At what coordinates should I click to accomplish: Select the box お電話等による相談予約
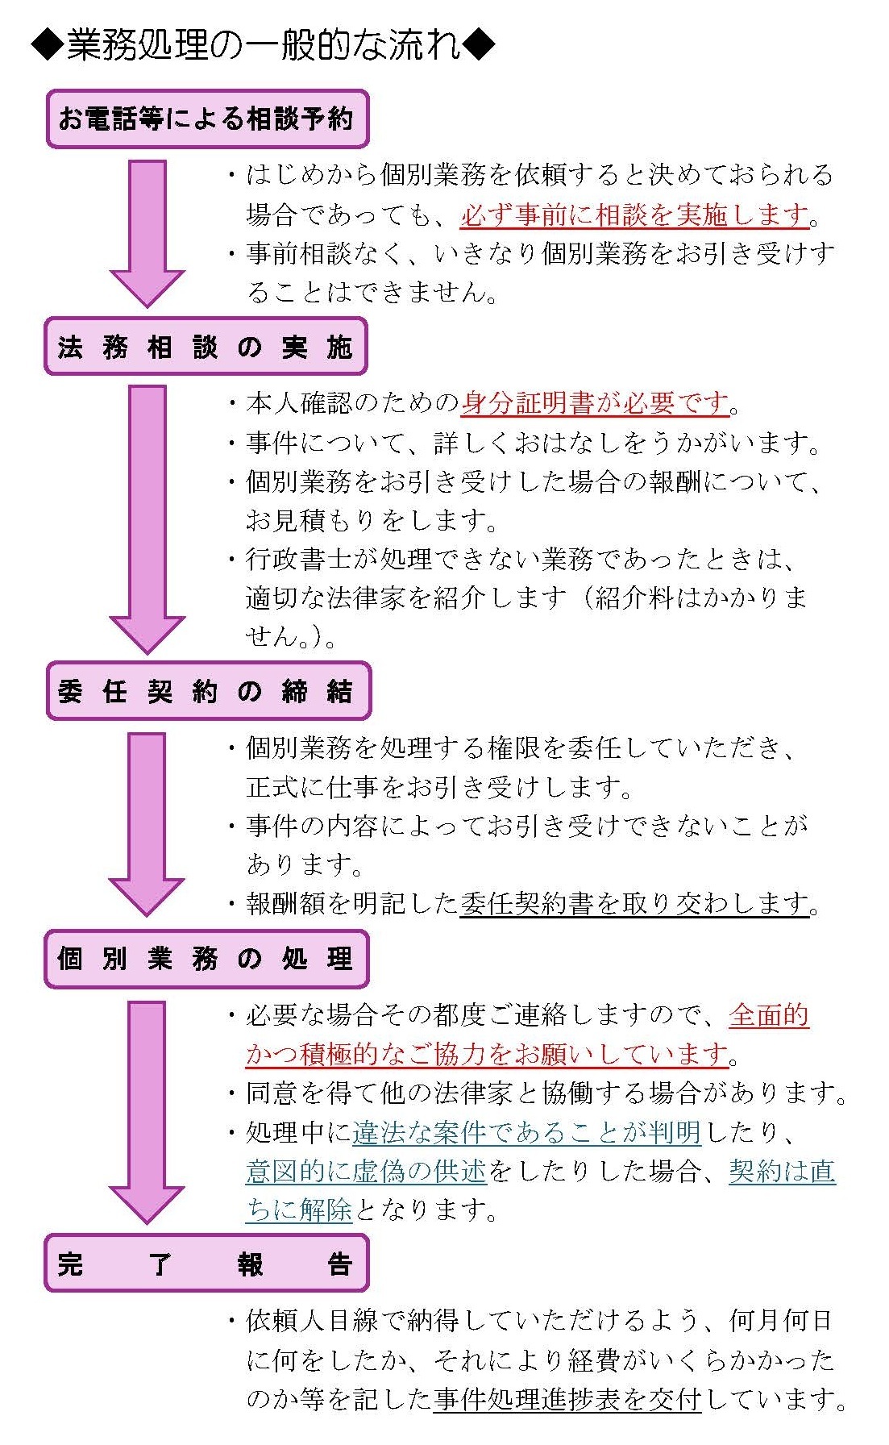tap(207, 119)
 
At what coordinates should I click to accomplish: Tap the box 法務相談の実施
tap(206, 347)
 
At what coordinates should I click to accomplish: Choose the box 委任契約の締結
tap(208, 691)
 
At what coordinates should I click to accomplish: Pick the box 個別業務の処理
tap(206, 959)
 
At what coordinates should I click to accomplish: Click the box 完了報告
tap(206, 1263)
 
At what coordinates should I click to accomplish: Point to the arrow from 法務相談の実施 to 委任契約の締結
tap(147, 516)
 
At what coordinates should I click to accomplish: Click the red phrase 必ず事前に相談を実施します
tap(635, 214)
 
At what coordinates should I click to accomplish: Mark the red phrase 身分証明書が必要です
tap(595, 402)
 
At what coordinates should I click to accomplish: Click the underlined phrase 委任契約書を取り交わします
tap(635, 903)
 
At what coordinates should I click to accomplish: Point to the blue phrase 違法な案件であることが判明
tap(527, 1133)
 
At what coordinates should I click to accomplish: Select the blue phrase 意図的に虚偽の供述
tap(367, 1171)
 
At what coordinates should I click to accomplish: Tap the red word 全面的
tap(769, 1015)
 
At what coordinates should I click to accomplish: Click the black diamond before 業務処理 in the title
tap(47, 45)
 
